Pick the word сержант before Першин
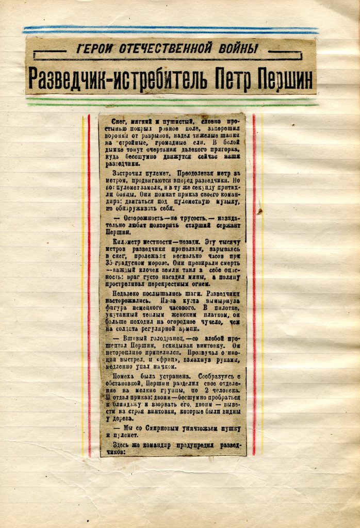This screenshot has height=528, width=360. pos(230,225)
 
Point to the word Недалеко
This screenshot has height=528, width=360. pos(123,294)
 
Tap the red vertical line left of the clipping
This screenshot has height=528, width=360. pos(89,284)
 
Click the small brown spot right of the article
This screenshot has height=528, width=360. pos(260,211)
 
